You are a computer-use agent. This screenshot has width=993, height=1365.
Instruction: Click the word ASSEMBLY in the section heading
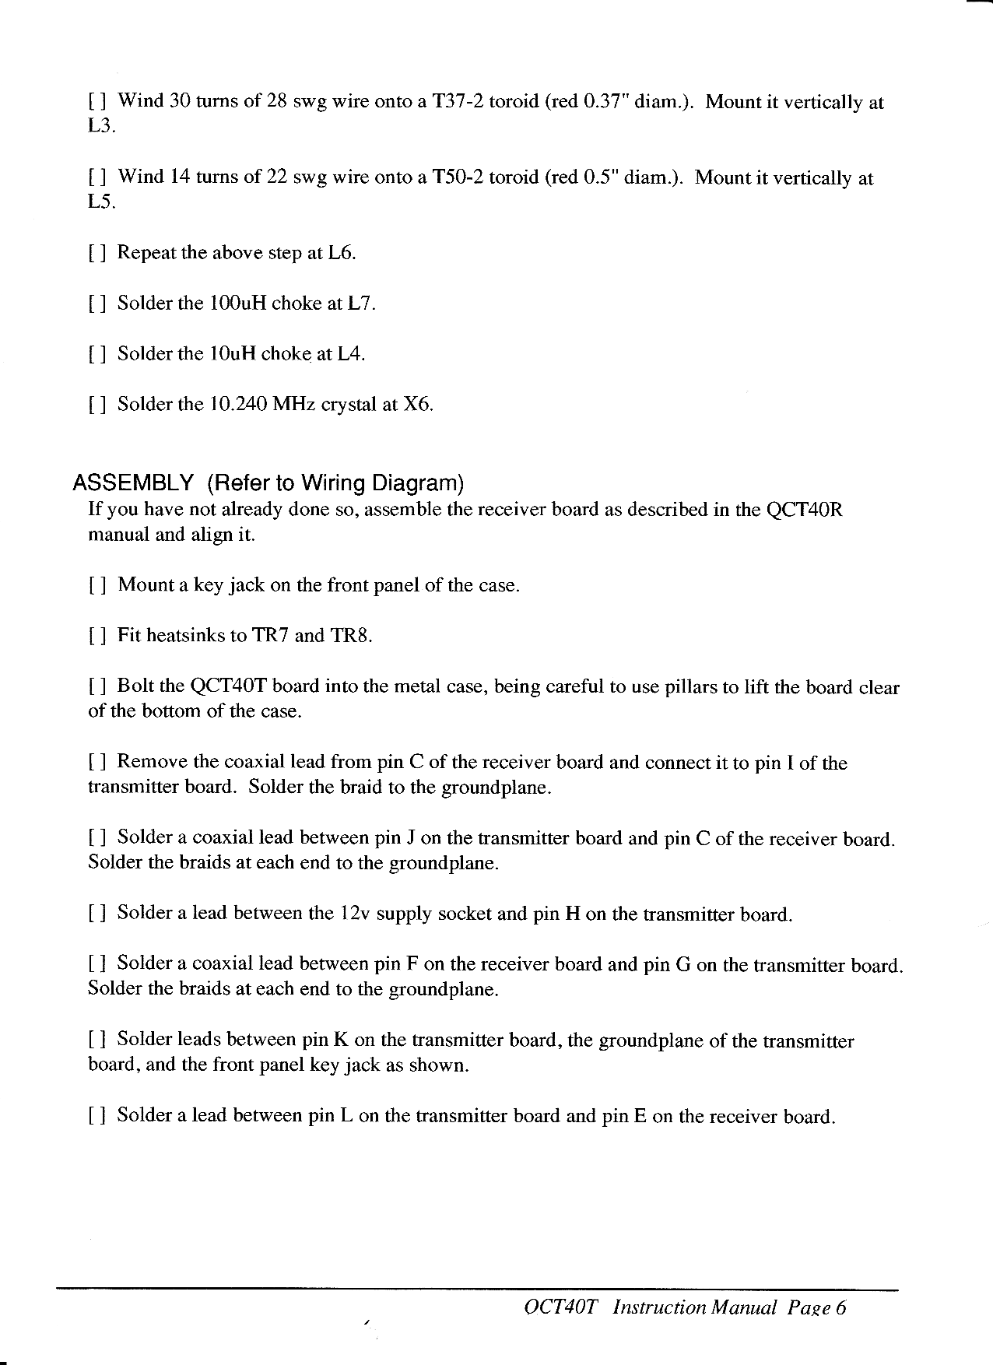(132, 483)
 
